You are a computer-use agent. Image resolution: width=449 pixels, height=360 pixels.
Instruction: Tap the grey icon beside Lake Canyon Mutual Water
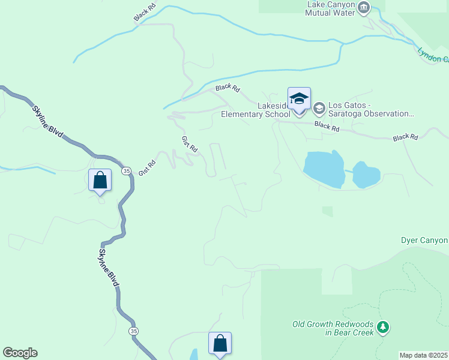click(363, 7)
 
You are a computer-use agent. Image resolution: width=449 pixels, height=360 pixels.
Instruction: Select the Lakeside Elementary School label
click(256, 110)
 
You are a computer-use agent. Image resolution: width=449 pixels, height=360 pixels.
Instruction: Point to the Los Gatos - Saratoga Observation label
click(371, 109)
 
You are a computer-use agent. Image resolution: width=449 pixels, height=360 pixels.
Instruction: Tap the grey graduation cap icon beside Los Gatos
click(318, 108)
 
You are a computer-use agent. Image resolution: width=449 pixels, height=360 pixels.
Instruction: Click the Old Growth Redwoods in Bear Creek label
click(333, 328)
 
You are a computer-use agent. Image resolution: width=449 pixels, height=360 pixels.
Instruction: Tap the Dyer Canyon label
click(424, 241)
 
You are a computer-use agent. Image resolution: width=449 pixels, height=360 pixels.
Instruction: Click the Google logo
click(20, 353)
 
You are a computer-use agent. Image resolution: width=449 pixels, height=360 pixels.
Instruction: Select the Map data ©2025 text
click(424, 355)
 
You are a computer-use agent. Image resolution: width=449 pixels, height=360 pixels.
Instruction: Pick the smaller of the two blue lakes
click(366, 175)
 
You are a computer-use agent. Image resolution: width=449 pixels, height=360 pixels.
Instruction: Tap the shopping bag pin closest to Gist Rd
click(100, 180)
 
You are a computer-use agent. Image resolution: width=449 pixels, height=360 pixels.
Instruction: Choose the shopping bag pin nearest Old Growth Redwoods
click(220, 344)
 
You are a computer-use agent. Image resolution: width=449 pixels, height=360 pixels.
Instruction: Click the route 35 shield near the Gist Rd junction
click(126, 171)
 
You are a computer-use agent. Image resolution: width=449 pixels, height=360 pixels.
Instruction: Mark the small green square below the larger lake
click(327, 211)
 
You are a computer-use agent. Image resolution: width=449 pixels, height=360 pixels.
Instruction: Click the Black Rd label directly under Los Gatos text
click(327, 127)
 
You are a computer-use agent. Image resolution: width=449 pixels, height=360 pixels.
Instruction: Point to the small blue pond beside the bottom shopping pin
click(193, 354)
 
